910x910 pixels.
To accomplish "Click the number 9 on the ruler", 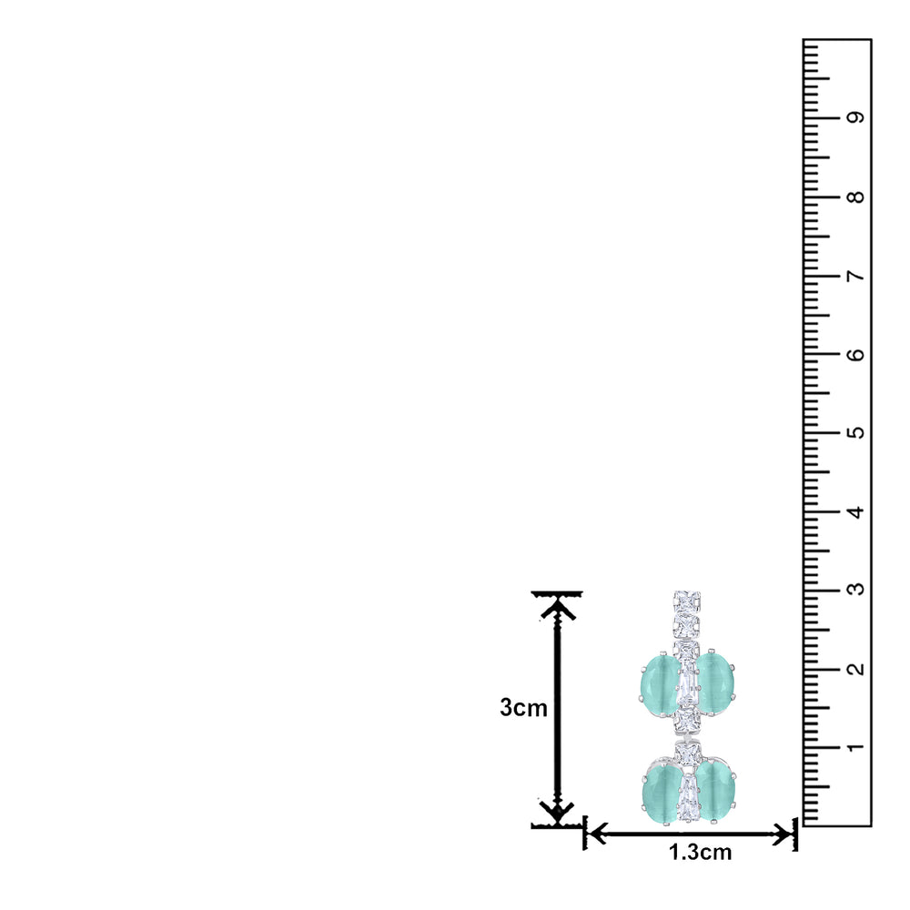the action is pyautogui.click(x=854, y=117).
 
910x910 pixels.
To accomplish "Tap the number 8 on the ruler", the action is pyautogui.click(x=854, y=197).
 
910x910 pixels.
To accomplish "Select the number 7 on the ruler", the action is pyautogui.click(x=854, y=276).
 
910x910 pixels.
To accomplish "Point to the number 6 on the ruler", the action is pyautogui.click(x=854, y=354).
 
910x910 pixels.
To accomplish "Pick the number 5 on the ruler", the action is pyautogui.click(x=854, y=432).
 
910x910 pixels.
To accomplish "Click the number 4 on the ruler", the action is pyautogui.click(x=854, y=511).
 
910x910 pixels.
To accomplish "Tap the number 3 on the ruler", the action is pyautogui.click(x=854, y=590).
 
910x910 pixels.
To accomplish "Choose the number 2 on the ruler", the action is pyautogui.click(x=854, y=669).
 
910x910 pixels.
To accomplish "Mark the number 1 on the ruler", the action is pyautogui.click(x=854, y=747).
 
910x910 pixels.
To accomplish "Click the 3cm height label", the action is pyautogui.click(x=523, y=708).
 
